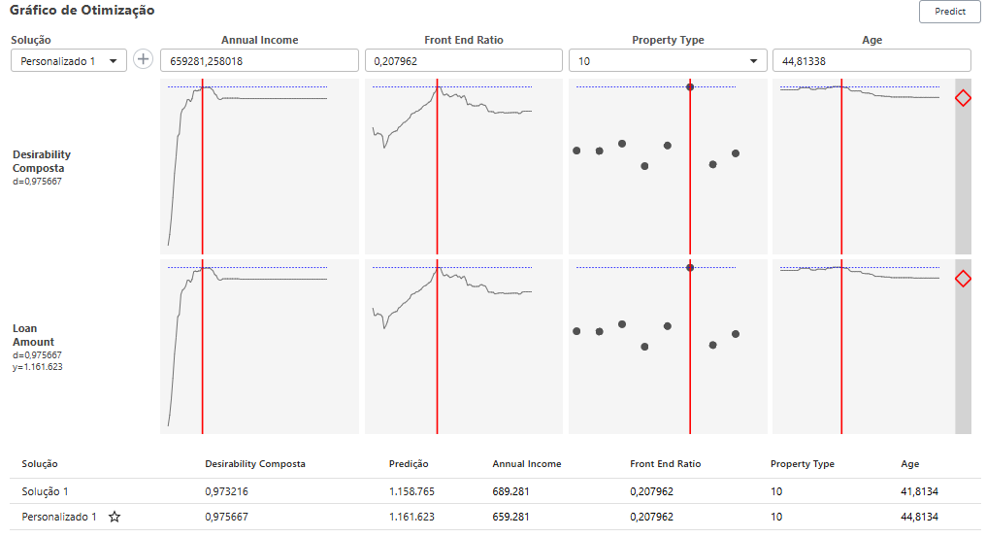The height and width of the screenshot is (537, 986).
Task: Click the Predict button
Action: pos(949,12)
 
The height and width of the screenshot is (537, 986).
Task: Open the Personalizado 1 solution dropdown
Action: pos(68,60)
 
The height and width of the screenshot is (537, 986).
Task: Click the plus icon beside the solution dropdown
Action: pos(144,59)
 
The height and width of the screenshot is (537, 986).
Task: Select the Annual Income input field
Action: pos(259,60)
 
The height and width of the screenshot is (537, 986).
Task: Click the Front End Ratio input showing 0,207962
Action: pos(463,60)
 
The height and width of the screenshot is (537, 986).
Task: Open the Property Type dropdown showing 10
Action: pos(667,60)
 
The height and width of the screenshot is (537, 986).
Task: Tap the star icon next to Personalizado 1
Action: pos(115,517)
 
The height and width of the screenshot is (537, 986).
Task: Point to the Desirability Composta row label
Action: pos(42,161)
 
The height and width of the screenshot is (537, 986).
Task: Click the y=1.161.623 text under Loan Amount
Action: pos(38,367)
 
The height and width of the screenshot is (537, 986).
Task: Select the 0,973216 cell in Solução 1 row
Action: pos(227,491)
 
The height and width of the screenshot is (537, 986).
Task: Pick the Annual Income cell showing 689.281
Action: pos(510,491)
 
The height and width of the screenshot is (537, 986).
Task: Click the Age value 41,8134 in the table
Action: pos(918,491)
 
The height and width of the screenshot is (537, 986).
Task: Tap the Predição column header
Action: pos(408,464)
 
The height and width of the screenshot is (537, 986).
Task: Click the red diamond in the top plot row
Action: pos(963,98)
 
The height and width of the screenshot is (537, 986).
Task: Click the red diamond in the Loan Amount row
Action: pos(963,279)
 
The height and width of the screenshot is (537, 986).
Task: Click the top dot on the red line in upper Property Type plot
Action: pos(690,86)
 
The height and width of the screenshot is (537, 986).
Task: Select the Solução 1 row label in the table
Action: pos(45,491)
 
